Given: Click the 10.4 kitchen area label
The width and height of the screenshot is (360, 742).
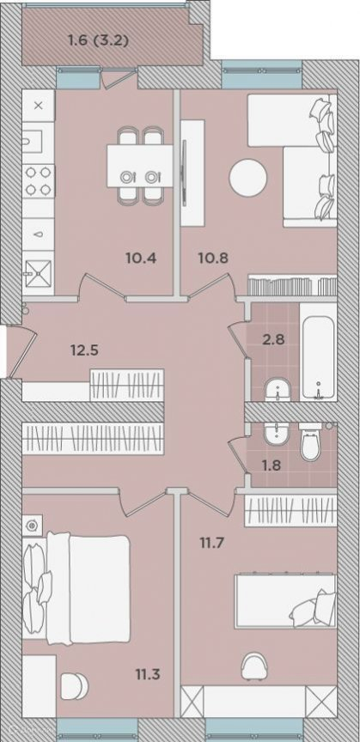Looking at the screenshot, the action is pos(141,258).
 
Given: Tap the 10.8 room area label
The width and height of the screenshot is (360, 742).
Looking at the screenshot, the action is pos(213,258).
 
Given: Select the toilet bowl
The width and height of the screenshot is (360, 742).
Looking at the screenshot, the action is pos(311,443).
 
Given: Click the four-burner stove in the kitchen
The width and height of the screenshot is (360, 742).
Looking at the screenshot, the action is pos(39,180).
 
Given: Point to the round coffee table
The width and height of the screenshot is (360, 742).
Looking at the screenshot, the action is pos(247,178).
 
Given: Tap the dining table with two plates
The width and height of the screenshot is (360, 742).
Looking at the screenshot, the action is pos(140,166).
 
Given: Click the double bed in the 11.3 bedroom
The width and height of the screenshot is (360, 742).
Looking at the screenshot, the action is pos(76,588).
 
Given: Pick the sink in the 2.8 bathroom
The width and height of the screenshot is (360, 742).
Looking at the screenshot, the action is pos(278,389).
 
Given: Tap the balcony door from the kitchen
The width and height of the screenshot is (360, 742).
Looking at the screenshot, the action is pos(119,76).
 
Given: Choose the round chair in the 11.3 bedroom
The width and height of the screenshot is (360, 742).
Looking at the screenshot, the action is pos(75,685).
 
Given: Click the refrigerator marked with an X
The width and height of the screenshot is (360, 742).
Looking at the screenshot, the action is pos(39,106).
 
